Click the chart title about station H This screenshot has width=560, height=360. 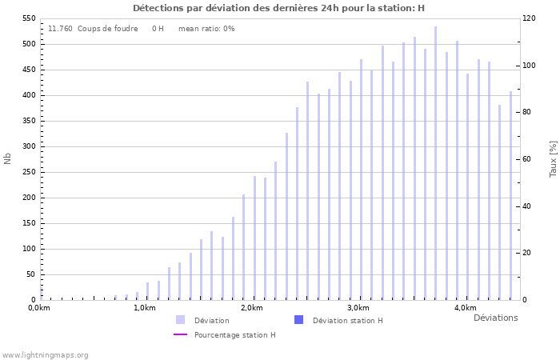[x=278, y=8]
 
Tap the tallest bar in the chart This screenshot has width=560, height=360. [x=436, y=160]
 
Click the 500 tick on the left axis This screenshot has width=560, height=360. [x=29, y=44]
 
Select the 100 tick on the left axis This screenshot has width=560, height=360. [x=29, y=249]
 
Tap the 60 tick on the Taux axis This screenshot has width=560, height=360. [x=529, y=159]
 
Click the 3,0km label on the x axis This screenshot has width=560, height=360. [x=358, y=308]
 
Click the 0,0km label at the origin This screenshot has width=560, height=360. [x=39, y=308]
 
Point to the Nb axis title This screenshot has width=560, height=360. [x=8, y=158]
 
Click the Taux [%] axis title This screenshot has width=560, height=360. [x=553, y=158]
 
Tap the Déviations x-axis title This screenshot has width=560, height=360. [x=495, y=318]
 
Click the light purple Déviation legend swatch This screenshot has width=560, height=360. [x=180, y=320]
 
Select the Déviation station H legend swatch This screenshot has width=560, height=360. [x=298, y=320]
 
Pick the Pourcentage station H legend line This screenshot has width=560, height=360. [x=180, y=334]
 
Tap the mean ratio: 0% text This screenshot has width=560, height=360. [x=206, y=29]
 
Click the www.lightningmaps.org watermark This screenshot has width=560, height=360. [x=46, y=354]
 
